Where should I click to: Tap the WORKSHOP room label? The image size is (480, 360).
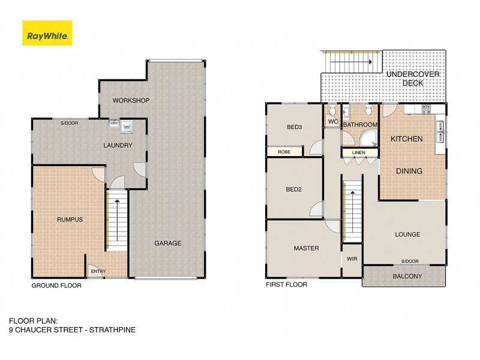[x=130, y=100]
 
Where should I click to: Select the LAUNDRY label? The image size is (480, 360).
[x=118, y=145]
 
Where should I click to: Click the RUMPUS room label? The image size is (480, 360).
[x=70, y=220]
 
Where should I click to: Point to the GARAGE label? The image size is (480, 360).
[x=167, y=243]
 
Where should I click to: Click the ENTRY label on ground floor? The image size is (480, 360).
[x=98, y=272]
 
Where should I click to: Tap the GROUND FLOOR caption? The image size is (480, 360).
[x=56, y=286]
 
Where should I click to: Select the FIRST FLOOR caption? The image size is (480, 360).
[x=286, y=284]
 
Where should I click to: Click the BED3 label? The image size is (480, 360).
[x=293, y=127]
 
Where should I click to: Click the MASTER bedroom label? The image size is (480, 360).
[x=306, y=248]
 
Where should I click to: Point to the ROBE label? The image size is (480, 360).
[x=284, y=152]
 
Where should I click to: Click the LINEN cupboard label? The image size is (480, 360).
[x=359, y=152]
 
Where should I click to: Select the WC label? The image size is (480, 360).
[x=331, y=122]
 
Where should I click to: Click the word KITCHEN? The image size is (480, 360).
[x=406, y=139]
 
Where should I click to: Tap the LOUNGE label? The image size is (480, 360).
[x=407, y=234]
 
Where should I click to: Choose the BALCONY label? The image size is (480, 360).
[x=407, y=277]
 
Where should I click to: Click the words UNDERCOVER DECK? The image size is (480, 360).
[x=413, y=79]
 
